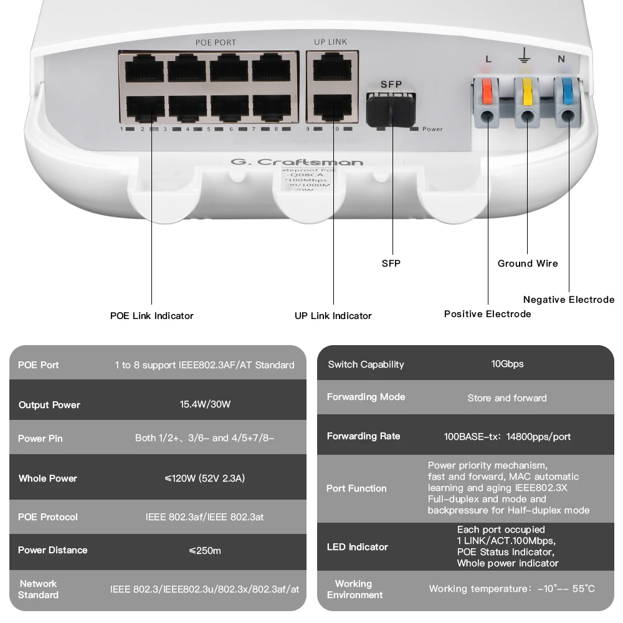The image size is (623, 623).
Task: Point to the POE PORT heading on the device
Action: click(x=216, y=43)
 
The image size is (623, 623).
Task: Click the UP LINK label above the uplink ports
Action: click(x=330, y=42)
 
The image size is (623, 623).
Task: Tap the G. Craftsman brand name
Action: click(x=297, y=163)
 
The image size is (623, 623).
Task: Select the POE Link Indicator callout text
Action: click(x=151, y=316)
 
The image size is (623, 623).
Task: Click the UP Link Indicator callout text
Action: click(x=333, y=316)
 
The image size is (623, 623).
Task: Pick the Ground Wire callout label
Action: click(x=528, y=264)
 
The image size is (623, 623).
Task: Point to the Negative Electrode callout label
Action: click(x=568, y=300)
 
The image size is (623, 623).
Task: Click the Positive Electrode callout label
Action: click(x=487, y=314)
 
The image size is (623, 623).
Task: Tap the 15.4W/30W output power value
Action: click(x=205, y=404)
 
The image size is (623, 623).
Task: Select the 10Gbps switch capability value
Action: click(x=507, y=364)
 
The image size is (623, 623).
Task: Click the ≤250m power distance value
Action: click(x=205, y=551)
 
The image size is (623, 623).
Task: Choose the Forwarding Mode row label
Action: click(x=366, y=397)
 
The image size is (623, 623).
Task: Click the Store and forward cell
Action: click(x=507, y=398)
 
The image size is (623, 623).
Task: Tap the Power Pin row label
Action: click(x=40, y=439)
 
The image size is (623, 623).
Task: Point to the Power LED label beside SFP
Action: click(x=432, y=129)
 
